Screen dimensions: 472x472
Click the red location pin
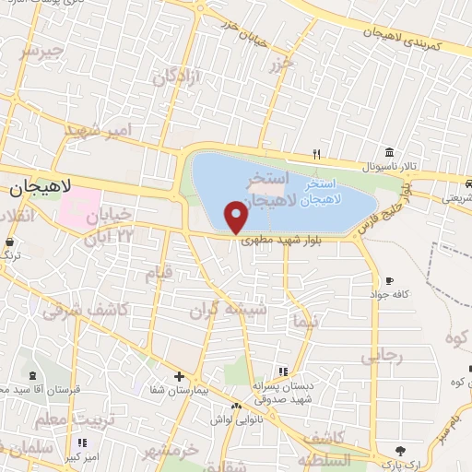click(237, 217)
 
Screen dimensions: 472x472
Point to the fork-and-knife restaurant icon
click(316, 153)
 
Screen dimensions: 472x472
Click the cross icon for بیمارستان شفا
click(179, 376)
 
